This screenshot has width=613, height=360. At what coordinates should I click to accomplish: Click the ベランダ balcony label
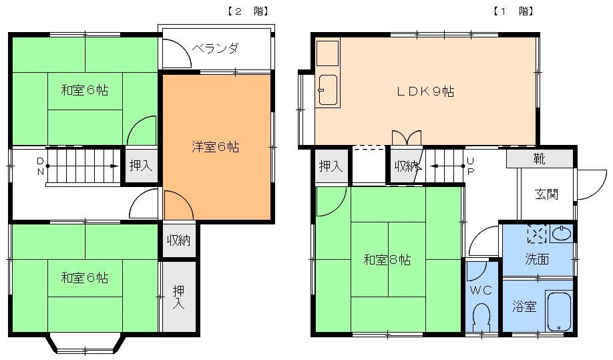click(215, 49)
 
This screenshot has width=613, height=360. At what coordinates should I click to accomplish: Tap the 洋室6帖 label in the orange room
click(215, 147)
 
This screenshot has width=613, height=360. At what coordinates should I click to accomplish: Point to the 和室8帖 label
click(387, 260)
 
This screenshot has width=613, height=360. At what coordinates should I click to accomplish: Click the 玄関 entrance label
click(546, 194)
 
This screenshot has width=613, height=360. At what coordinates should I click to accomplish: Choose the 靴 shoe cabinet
click(539, 159)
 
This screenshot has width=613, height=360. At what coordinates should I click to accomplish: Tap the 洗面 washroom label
click(536, 259)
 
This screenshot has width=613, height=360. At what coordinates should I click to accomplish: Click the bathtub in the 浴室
click(558, 311)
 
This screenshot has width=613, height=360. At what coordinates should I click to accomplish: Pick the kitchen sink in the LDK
click(328, 90)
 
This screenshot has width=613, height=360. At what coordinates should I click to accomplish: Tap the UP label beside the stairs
click(471, 166)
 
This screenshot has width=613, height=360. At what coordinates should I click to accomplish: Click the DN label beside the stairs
click(40, 166)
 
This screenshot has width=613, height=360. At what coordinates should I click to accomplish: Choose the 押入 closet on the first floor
click(331, 166)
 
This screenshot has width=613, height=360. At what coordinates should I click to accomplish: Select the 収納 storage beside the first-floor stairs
click(405, 166)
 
